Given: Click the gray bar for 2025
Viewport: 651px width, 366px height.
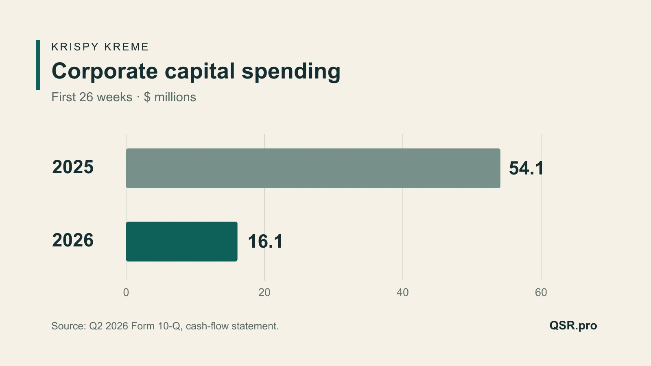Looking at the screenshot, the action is [313, 168].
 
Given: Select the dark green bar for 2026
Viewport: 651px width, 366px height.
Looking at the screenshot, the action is [181, 242].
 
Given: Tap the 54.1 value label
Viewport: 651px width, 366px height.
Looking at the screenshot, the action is [526, 168].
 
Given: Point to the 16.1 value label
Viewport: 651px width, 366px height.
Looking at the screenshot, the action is [265, 242].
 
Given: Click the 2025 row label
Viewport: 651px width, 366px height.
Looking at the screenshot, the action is [73, 167].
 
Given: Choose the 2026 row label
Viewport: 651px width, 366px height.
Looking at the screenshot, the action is [73, 240].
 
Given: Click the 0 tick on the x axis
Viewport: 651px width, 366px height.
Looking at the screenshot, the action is [126, 292].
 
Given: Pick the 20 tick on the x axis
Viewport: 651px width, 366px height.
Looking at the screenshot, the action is [264, 292].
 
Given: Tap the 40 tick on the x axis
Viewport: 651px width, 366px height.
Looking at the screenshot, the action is [403, 292].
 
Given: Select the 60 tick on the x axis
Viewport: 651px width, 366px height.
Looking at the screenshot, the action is [541, 292].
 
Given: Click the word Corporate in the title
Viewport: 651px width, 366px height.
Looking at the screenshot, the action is [105, 72].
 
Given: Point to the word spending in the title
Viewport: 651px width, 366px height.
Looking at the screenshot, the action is [291, 72].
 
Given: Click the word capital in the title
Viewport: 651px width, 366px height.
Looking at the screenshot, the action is [200, 72].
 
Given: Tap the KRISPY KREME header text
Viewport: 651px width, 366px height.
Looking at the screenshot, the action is [100, 47].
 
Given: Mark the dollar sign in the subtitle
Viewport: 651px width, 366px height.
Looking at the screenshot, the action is [147, 97].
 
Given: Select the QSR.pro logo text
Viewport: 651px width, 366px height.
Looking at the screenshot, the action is [573, 326].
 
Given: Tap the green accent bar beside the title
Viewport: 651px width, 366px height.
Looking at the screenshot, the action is [38, 65].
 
